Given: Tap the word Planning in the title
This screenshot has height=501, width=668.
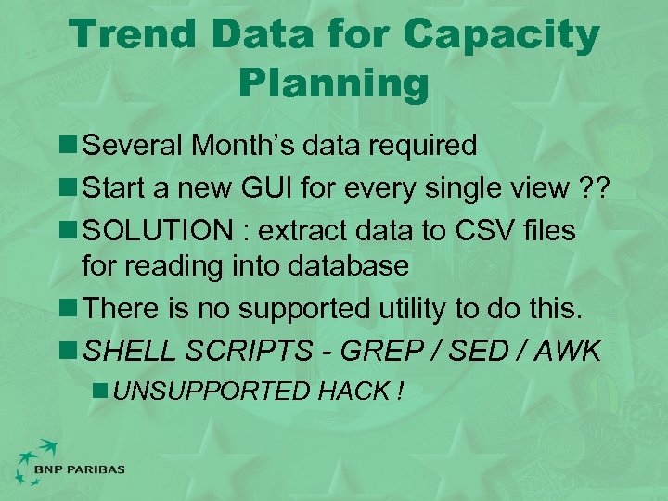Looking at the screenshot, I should tap(334, 83).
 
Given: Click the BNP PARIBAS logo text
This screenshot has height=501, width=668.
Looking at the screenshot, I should tap(79, 469).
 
